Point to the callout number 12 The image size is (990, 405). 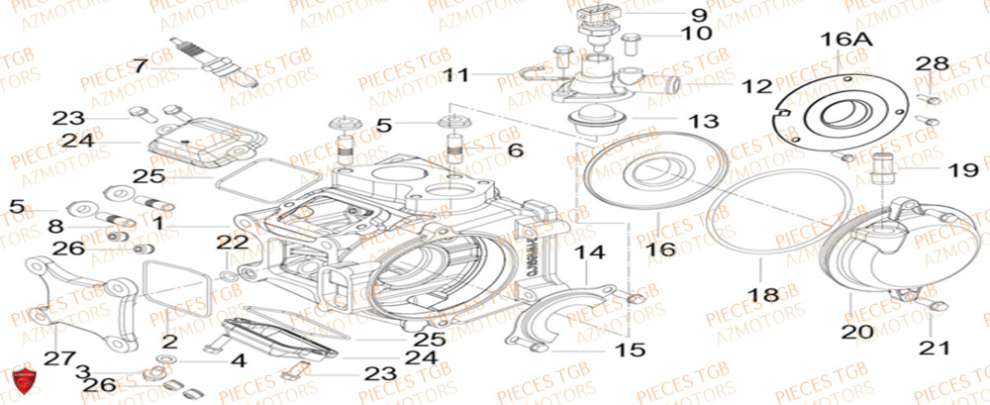coord(756,86)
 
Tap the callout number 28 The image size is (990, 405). coord(931,64)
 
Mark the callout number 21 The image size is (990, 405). coord(937,348)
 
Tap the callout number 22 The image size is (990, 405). coord(228,242)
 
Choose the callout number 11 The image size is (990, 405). coord(458,74)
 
